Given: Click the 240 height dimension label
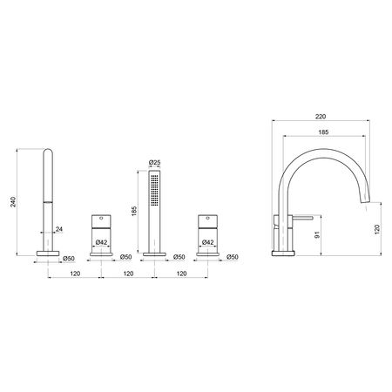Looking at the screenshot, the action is pyautogui.click(x=13, y=202).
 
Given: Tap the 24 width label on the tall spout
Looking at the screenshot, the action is pyautogui.click(x=59, y=229).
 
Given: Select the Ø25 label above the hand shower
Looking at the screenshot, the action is pyautogui.click(x=154, y=163).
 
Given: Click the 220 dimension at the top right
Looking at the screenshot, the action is pyautogui.click(x=321, y=117).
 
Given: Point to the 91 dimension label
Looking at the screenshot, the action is pyautogui.click(x=317, y=235).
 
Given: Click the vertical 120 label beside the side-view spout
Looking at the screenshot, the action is pyautogui.click(x=377, y=229).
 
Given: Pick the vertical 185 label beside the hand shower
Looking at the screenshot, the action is pyautogui.click(x=134, y=211).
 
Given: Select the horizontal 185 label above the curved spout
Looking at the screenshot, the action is pyautogui.click(x=323, y=132).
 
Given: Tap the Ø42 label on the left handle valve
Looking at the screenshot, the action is pyautogui.click(x=101, y=242).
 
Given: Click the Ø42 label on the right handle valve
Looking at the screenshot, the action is pyautogui.click(x=207, y=242).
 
